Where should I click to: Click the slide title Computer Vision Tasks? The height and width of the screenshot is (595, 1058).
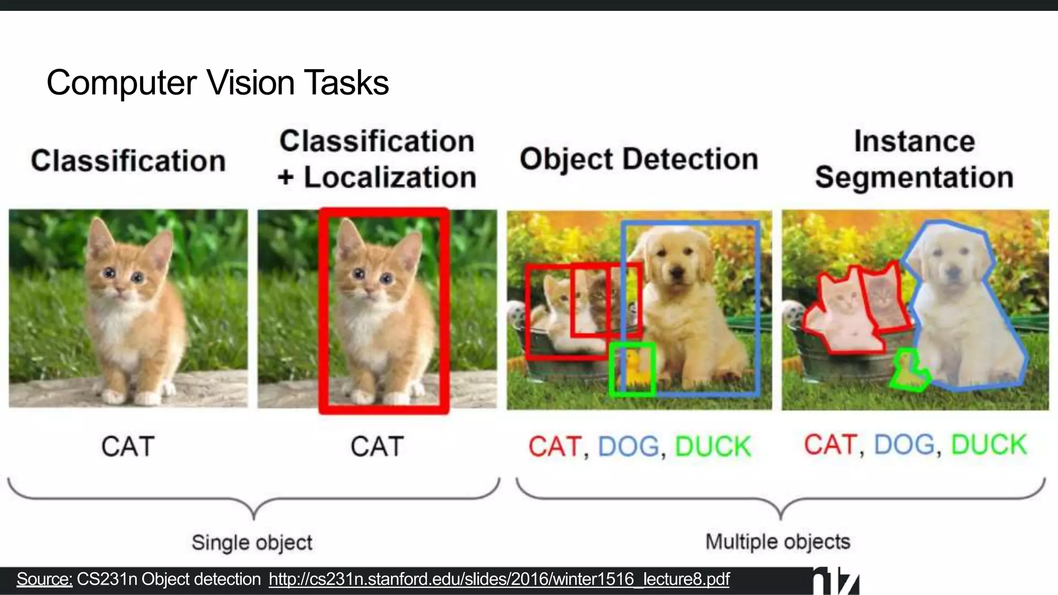pos(217,83)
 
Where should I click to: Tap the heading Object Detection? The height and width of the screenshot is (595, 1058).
pos(639,159)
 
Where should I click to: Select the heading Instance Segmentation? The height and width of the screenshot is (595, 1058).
pos(914,159)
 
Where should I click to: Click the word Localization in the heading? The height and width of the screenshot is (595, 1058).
pos(390,178)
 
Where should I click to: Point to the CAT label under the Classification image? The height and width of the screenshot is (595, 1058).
pos(128,446)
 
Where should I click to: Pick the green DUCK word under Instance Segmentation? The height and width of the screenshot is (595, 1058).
pos(988,445)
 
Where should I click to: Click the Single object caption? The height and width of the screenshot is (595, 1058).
pos(252,543)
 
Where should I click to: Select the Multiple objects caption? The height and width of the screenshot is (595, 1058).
pos(777,542)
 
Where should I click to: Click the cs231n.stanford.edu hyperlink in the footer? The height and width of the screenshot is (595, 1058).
pos(499,580)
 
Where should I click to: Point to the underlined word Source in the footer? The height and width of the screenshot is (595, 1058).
pos(44,580)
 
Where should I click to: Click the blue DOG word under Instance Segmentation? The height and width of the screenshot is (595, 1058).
pos(904,445)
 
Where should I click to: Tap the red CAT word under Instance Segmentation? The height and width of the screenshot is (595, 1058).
pos(830,445)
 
